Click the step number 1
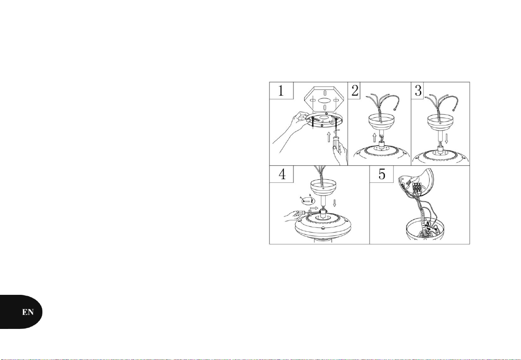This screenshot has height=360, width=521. [281, 91]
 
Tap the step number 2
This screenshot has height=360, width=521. [355, 91]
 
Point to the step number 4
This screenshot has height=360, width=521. [281, 174]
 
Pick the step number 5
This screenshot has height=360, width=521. [382, 174]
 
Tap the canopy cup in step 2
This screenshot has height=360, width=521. [382, 124]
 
